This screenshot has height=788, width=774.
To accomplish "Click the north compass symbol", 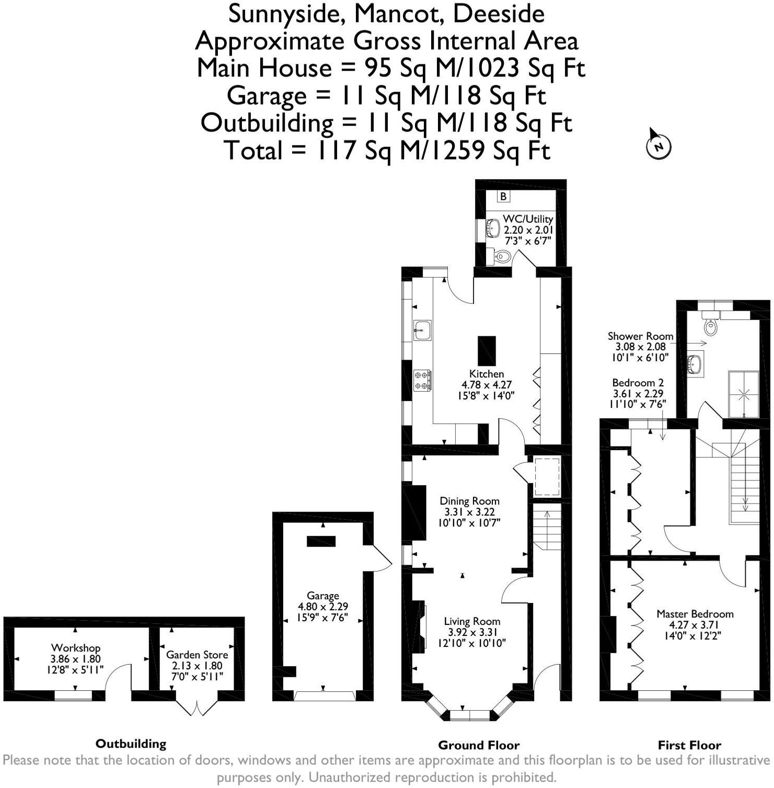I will [658, 145].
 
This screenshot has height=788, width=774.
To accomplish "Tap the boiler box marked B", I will [503, 196].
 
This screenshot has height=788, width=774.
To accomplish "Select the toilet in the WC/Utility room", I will [502, 256].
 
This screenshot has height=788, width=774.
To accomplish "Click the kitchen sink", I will [422, 330].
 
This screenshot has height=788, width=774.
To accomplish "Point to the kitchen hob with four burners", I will [422, 380].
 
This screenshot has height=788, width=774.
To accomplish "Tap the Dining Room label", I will [469, 501].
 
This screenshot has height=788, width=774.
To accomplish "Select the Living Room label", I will [472, 621].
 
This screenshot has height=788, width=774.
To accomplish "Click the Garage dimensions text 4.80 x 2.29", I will [323, 607].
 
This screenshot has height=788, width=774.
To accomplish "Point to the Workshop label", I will [76, 648].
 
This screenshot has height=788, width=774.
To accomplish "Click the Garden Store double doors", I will [197, 707].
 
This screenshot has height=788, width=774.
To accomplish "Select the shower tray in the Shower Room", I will [744, 394].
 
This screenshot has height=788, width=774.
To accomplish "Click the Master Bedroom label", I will [695, 614].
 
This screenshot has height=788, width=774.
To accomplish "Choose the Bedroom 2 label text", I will [638, 383].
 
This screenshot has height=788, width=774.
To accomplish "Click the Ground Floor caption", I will [479, 745].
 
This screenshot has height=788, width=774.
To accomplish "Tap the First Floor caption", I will [689, 745].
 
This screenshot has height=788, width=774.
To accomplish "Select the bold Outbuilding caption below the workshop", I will [131, 744].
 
